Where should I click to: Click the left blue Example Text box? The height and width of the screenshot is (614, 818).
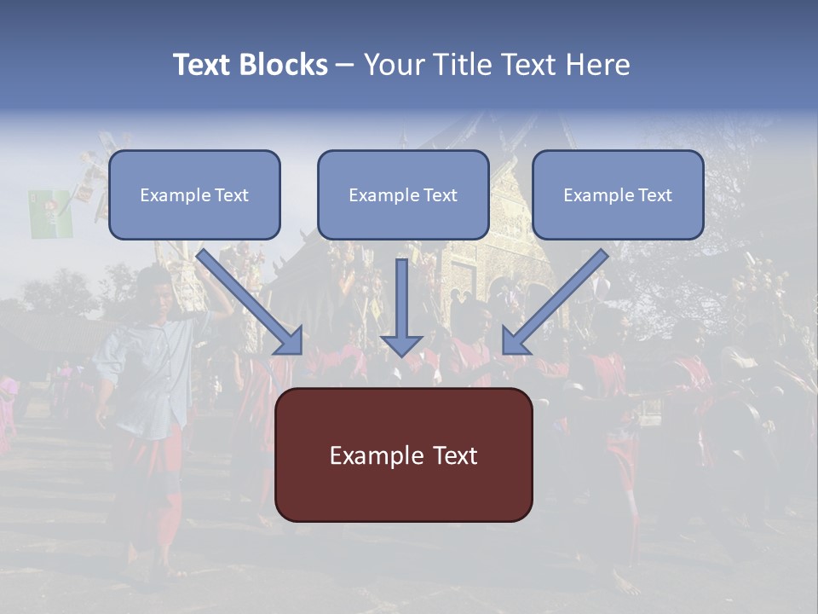point(194,195)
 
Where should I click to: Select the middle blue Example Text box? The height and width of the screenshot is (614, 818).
point(403,195)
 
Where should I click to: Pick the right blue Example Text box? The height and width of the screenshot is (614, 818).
point(618,195)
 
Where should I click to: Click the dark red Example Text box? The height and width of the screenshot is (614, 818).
point(403,455)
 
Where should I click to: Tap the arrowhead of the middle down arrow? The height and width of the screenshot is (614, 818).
point(401,345)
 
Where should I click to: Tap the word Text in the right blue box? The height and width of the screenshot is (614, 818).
point(655,195)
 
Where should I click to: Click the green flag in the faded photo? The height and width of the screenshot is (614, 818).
point(50,214)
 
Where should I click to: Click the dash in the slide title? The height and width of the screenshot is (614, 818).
point(345,66)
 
